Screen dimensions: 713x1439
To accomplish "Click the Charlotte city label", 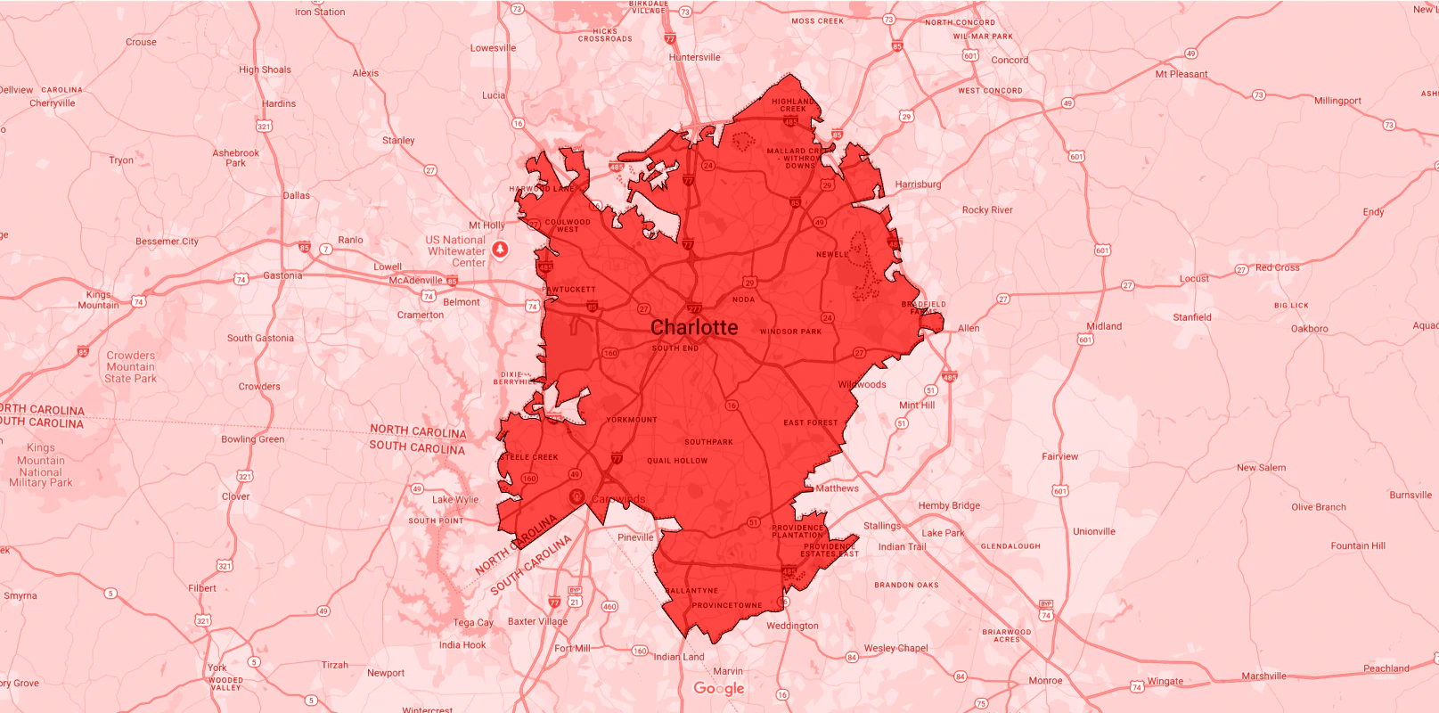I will click(x=694, y=328).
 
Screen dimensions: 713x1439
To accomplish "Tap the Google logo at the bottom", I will click(x=719, y=688).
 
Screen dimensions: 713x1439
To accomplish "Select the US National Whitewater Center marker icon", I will click(x=500, y=250).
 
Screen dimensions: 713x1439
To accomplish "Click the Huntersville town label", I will click(x=694, y=57).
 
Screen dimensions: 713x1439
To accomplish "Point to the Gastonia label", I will click(x=282, y=275).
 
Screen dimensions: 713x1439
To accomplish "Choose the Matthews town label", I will click(x=837, y=488).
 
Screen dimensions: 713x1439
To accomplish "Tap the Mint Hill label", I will click(x=917, y=405).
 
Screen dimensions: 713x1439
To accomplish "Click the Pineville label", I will click(x=635, y=537).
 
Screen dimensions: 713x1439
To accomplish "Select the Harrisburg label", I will click(x=918, y=184).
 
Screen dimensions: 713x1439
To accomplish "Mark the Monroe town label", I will click(x=1045, y=680).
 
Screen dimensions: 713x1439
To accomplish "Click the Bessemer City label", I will click(x=167, y=242).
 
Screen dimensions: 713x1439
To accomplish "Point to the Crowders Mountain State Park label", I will click(x=131, y=367).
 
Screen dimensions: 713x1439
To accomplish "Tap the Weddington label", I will click(x=792, y=626).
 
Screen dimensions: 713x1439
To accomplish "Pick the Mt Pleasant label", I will click(x=1181, y=74).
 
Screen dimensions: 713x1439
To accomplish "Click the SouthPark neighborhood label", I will click(x=708, y=442).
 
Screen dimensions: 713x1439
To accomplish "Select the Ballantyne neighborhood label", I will click(x=691, y=591).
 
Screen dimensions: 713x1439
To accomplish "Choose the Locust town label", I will click(x=1194, y=279).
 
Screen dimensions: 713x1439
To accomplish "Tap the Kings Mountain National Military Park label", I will click(x=41, y=465).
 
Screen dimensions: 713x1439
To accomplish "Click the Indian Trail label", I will click(x=902, y=547).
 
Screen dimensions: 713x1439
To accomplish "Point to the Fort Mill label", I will click(x=572, y=648).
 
